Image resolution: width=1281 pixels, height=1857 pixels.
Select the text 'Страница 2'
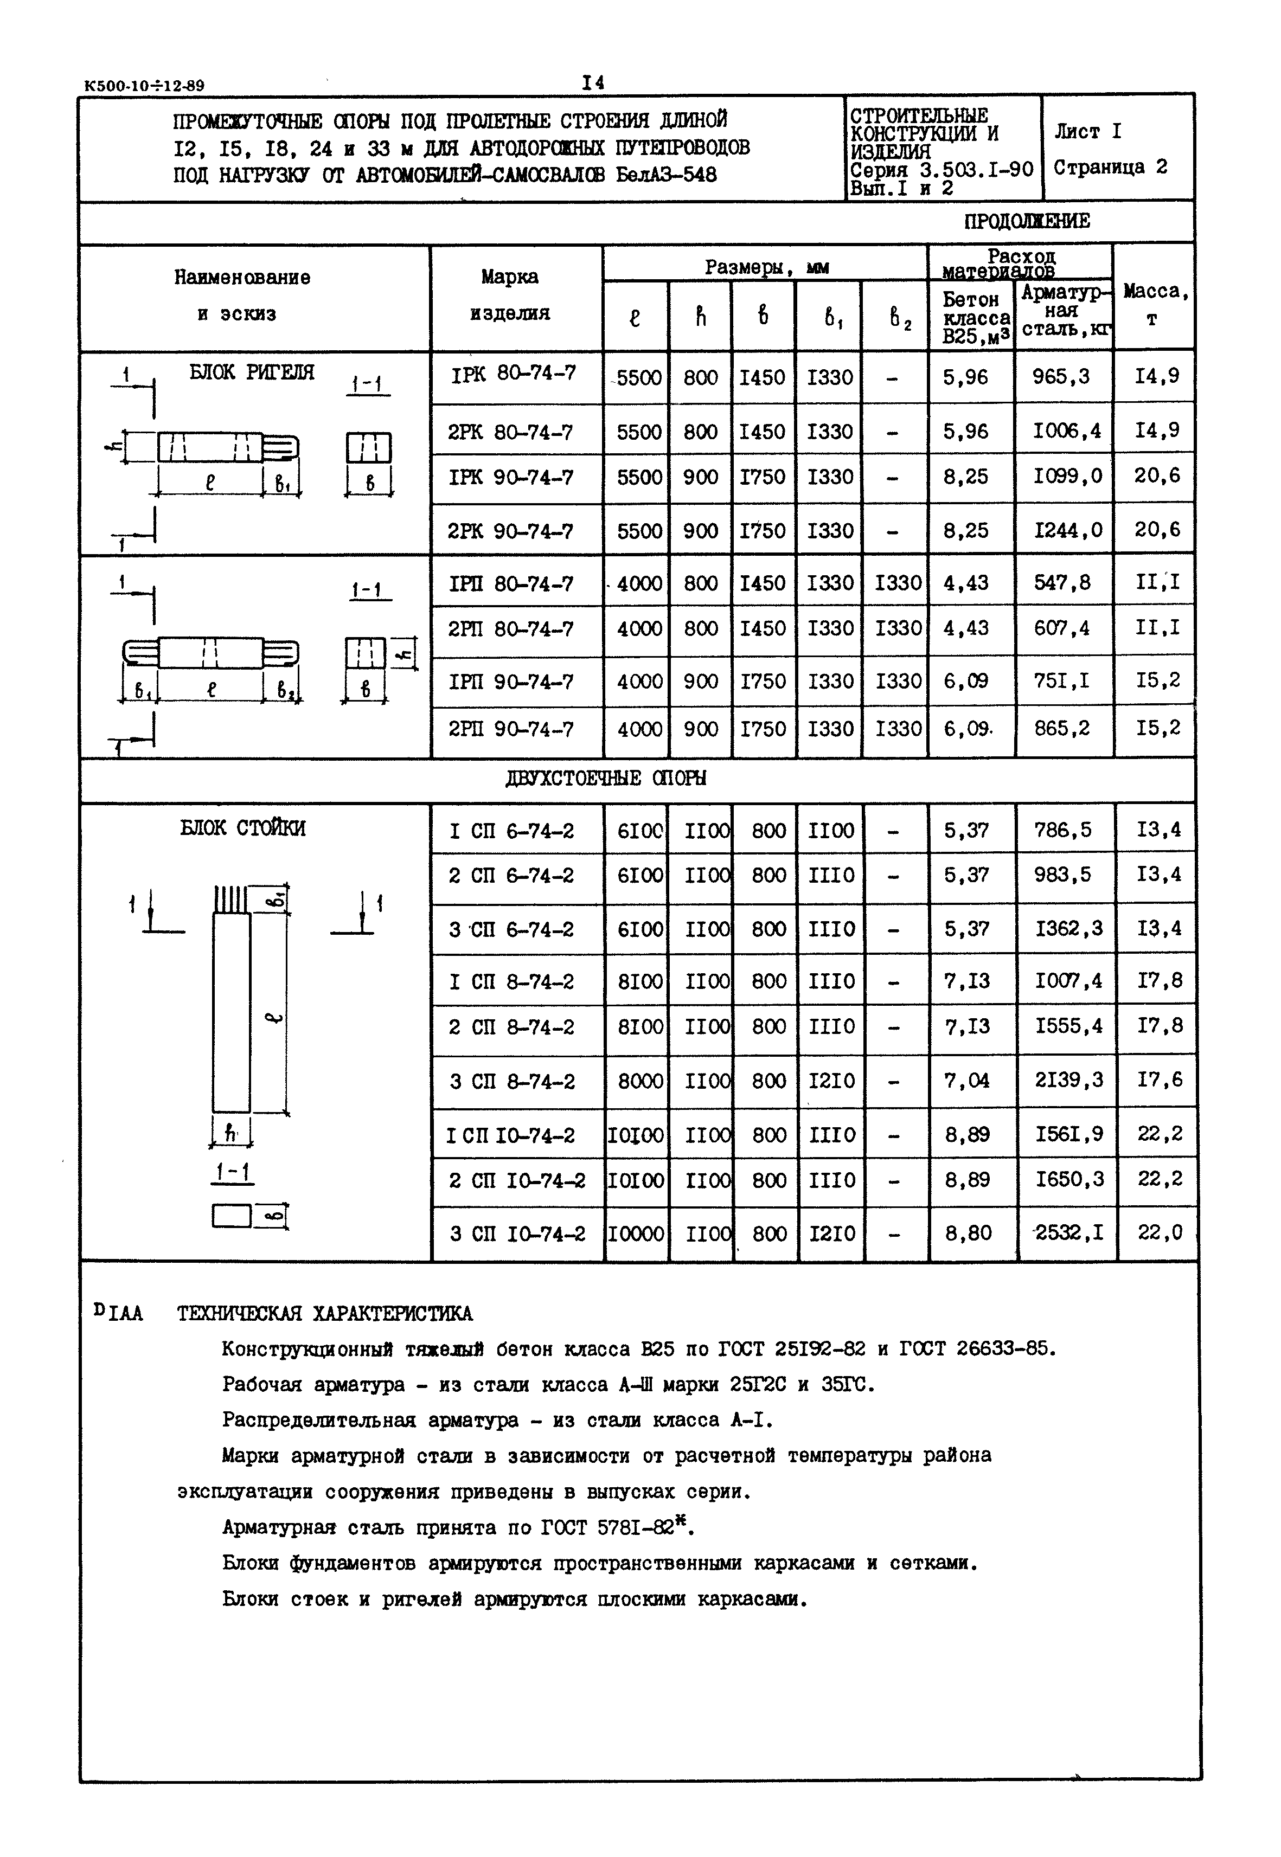tap(1110, 168)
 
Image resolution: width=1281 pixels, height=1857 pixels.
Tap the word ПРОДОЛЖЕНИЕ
tap(1027, 222)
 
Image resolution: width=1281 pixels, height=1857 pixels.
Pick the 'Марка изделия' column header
tap(510, 295)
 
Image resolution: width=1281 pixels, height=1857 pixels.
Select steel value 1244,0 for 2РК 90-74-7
tap(1067, 530)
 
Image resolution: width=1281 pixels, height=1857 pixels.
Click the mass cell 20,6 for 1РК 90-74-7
tap(1157, 476)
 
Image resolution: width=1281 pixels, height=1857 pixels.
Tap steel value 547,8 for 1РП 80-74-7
tap(1062, 583)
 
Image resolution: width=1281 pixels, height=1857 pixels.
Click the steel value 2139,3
tap(1068, 1079)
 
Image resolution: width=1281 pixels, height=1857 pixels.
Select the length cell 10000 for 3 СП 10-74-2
tap(637, 1233)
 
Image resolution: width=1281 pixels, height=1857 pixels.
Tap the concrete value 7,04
tap(966, 1080)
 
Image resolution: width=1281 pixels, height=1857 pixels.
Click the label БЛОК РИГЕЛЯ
tap(251, 372)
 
